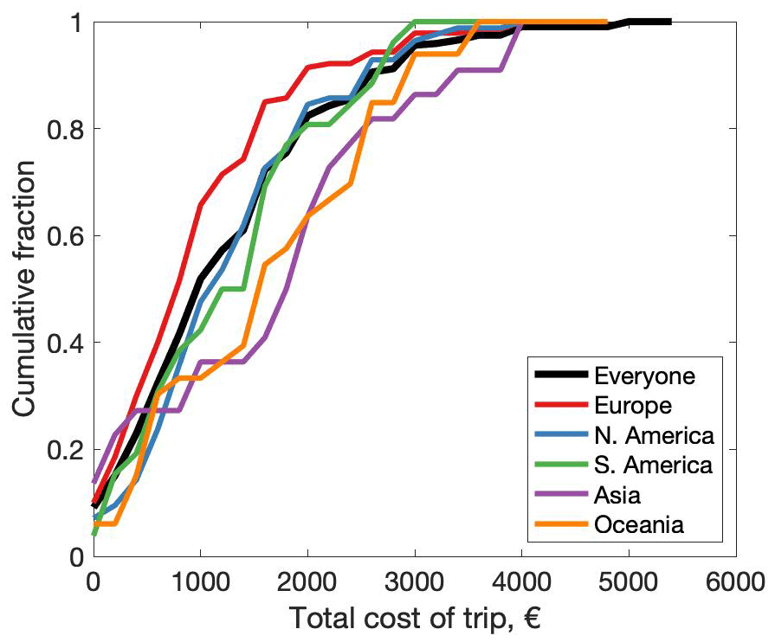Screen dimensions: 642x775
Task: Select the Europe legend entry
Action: tap(635, 404)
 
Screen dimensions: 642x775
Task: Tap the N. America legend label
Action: tap(654, 434)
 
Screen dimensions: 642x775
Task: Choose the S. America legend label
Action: tap(654, 465)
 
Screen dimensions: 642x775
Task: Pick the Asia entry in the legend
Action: tap(617, 495)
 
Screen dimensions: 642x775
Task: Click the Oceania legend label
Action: tap(639, 524)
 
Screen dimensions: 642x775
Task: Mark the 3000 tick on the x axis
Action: tap(415, 579)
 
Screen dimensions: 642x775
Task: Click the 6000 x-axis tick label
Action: tap(735, 579)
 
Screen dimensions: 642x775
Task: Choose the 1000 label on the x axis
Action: tap(200, 579)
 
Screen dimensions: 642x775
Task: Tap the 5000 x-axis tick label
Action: tap(629, 579)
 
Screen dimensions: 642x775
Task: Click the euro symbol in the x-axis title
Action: tap(530, 619)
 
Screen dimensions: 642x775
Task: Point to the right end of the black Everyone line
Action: tap(669, 22)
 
